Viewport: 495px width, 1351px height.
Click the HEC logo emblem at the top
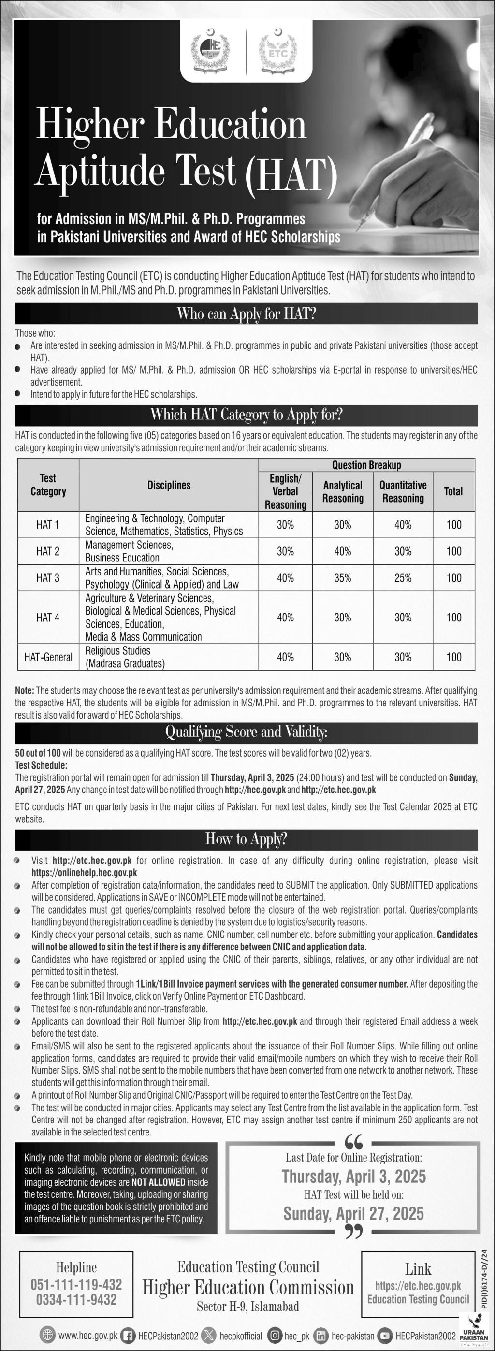[x=210, y=51]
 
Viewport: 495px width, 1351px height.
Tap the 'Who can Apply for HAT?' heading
[x=246, y=314]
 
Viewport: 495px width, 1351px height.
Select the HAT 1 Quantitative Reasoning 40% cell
[x=403, y=524]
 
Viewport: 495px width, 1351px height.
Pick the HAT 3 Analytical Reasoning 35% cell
[x=342, y=578]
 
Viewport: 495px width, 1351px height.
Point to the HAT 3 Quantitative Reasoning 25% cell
[x=403, y=578]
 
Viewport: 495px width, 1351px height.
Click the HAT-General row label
[x=48, y=657]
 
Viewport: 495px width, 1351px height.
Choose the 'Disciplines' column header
[x=169, y=485]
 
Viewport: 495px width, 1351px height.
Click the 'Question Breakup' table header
[x=366, y=465]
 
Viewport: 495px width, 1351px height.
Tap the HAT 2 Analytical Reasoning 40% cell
[x=342, y=551]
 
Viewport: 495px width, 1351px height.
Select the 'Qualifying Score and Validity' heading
[x=246, y=732]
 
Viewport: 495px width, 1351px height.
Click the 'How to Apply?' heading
[x=246, y=839]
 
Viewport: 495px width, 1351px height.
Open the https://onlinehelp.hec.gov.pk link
[x=84, y=873]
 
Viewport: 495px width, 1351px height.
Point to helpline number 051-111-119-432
[x=76, y=1284]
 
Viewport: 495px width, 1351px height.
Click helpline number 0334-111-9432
[x=76, y=1300]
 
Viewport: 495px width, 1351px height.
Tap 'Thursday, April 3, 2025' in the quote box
[x=353, y=1177]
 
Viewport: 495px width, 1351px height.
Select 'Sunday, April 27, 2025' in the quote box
[x=353, y=1214]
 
